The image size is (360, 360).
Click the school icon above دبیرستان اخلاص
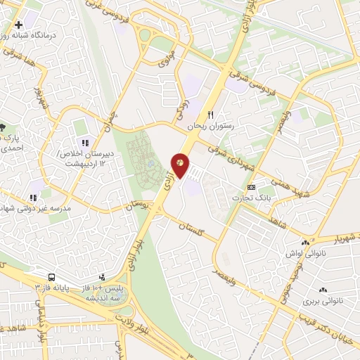[x=86, y=143]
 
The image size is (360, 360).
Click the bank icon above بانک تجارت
[x=252, y=188]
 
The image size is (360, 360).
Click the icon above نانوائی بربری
[x=323, y=290]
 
